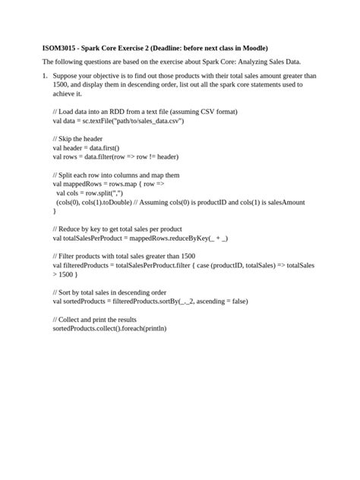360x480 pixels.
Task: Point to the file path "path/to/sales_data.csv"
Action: click(x=143, y=121)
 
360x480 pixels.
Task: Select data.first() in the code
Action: click(x=118, y=150)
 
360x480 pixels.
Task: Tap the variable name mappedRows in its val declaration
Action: click(x=86, y=184)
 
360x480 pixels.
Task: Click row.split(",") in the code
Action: click(x=103, y=193)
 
